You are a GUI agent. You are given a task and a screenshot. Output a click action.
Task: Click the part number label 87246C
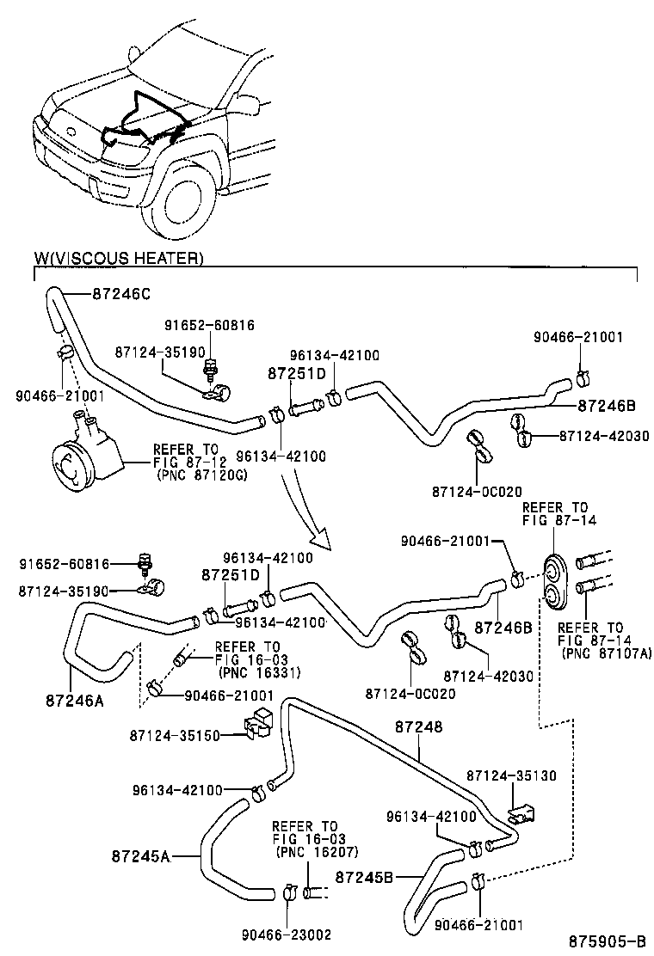point(121,294)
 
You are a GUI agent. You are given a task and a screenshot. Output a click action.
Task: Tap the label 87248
point(419,727)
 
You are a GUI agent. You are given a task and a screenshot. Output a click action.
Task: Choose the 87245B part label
point(364,877)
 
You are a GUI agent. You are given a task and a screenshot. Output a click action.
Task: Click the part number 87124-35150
point(176,736)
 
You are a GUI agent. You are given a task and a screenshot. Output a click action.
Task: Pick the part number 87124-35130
point(511,775)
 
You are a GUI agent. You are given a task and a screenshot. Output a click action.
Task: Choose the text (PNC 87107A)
point(607,653)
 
